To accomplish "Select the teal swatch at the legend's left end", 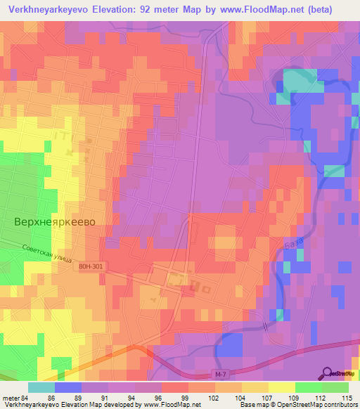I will [x=41, y=387].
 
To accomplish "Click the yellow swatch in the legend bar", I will [x=281, y=387].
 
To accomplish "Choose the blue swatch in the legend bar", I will [x=67, y=387].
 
